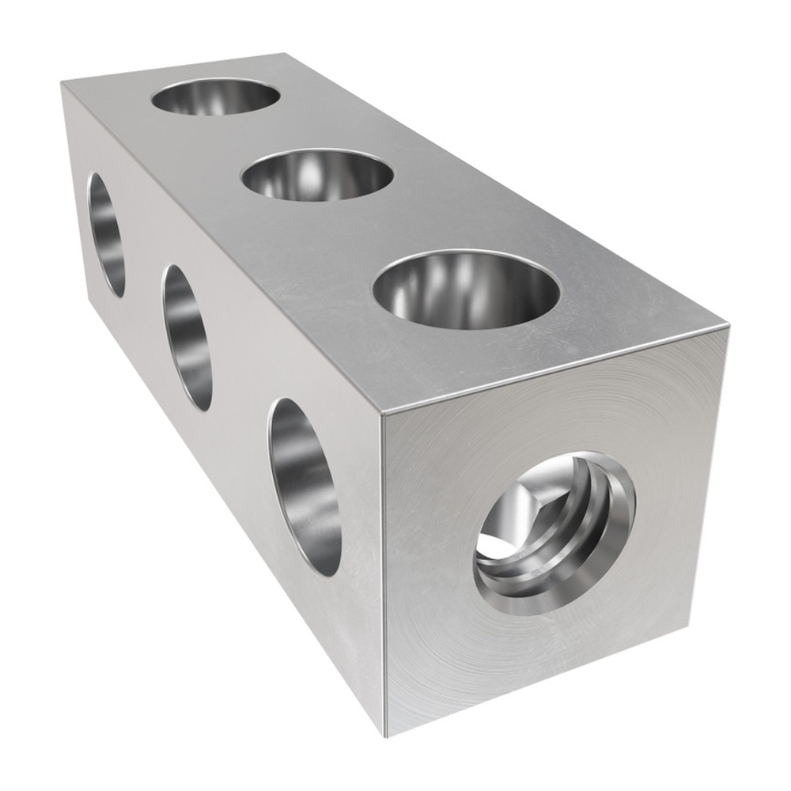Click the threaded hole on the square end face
click(x=554, y=534)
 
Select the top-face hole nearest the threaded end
click(x=467, y=290)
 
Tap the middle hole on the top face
click(x=316, y=176)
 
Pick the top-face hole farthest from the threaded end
click(x=215, y=97)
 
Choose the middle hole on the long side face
click(x=187, y=337)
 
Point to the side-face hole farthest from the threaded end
click(x=106, y=234)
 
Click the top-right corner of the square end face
click(x=726, y=326)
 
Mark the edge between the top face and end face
click(x=554, y=369)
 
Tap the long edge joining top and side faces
click(x=221, y=249)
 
